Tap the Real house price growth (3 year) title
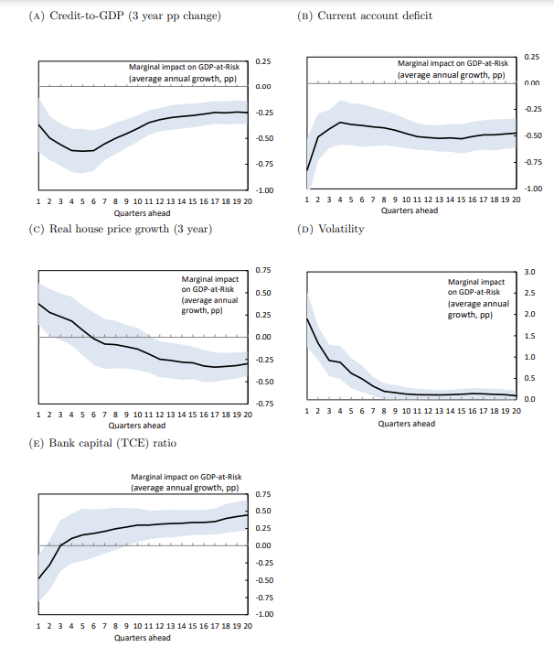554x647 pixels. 123,229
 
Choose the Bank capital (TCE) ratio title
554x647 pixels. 109,443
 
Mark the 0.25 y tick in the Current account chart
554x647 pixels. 532,57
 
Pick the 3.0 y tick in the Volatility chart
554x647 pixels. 531,272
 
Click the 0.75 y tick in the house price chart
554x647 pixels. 263,270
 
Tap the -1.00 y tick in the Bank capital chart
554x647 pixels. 262,614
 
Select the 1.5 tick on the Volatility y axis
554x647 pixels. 531,336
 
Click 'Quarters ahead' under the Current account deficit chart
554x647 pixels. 409,210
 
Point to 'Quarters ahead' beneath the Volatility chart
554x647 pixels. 407,424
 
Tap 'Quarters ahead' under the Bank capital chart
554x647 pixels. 142,637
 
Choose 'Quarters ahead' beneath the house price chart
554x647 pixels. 137,426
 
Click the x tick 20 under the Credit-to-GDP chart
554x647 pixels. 248,200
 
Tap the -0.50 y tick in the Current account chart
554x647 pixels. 531,135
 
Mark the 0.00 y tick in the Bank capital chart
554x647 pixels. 262,545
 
